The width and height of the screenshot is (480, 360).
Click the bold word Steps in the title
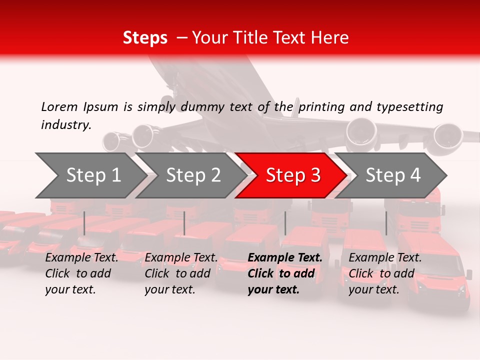145,38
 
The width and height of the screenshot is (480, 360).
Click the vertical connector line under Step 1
84,223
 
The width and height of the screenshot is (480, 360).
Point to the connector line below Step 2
184,223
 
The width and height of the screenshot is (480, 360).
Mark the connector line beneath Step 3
285,223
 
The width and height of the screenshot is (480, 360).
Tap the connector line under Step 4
386,223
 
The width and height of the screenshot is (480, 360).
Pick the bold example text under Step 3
284,273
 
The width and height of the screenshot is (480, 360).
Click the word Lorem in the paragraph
59,106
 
